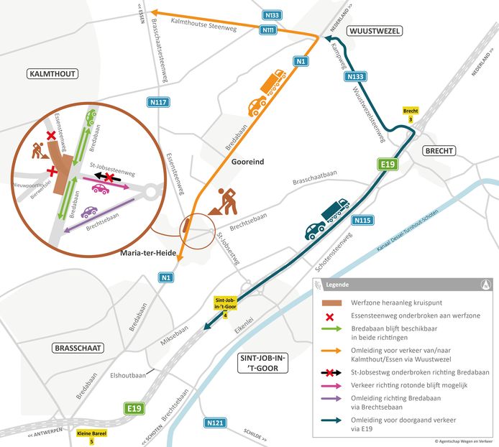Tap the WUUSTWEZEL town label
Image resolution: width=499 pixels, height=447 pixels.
(x=374, y=31)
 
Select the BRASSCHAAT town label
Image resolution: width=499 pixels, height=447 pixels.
(x=78, y=348)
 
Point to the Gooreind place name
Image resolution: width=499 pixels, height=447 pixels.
(x=247, y=162)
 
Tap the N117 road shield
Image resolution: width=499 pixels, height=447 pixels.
(x=160, y=103)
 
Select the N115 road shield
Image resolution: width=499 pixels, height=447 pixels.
(x=362, y=220)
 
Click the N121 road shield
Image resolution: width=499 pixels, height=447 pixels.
(x=215, y=423)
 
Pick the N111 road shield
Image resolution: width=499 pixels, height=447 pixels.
(x=268, y=29)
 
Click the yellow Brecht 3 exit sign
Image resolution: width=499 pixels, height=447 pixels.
(x=411, y=114)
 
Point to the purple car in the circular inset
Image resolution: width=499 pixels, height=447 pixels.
(x=90, y=213)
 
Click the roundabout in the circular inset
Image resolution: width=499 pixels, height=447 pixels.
(x=150, y=191)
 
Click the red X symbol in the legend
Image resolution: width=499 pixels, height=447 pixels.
(x=335, y=315)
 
